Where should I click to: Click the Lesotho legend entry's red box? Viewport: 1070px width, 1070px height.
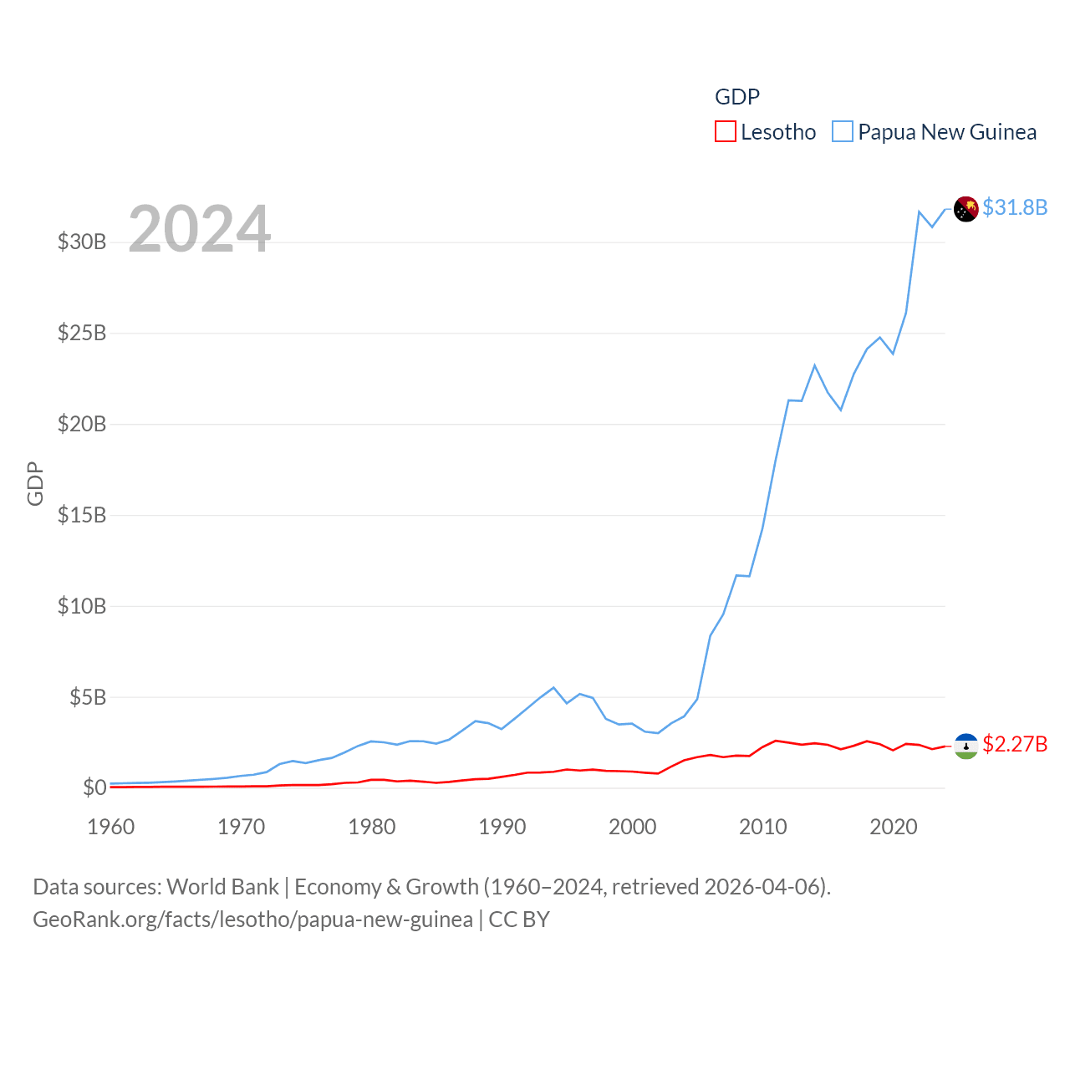click(725, 132)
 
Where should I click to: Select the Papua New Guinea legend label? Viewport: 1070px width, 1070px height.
click(946, 132)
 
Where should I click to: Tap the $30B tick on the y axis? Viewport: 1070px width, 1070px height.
click(82, 242)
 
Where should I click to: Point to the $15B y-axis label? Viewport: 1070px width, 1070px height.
click(82, 515)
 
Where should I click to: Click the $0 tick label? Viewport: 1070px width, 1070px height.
click(94, 787)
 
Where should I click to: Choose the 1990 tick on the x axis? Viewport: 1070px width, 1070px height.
click(502, 827)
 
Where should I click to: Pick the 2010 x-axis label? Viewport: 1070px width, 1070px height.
click(762, 827)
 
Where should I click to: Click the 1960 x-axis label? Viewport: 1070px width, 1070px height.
click(110, 827)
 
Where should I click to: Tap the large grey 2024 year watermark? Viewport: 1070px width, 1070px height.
click(199, 229)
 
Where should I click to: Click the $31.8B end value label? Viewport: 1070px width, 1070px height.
click(1015, 207)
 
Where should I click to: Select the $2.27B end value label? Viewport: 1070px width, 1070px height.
click(1015, 744)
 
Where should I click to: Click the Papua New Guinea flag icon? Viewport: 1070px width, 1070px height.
click(966, 209)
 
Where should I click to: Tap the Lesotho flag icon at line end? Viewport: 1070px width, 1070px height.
click(966, 746)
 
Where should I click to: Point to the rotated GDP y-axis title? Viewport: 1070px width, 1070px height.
click(35, 483)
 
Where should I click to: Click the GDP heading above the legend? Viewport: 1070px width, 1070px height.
click(737, 97)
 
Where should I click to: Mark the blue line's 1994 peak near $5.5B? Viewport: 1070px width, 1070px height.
click(553, 688)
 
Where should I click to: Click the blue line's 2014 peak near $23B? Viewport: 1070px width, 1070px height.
click(814, 365)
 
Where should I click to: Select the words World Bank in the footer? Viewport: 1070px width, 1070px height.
click(222, 887)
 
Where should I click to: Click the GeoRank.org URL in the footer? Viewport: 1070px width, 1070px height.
click(252, 920)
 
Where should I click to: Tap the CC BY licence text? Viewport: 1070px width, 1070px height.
click(519, 920)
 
